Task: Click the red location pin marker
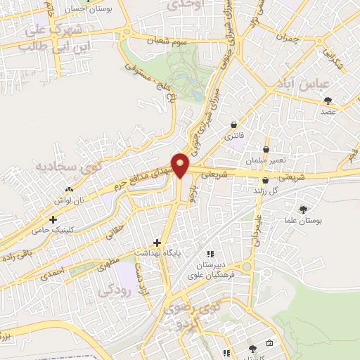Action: pos(181,165)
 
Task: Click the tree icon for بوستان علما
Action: pos(303,209)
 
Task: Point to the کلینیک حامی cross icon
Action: pos(53,219)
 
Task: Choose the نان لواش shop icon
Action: pos(69,189)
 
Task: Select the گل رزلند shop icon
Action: pos(265,180)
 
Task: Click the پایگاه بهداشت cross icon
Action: pos(157,242)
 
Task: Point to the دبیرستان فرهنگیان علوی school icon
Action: pos(209,254)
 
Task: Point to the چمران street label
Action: pos(288,38)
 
